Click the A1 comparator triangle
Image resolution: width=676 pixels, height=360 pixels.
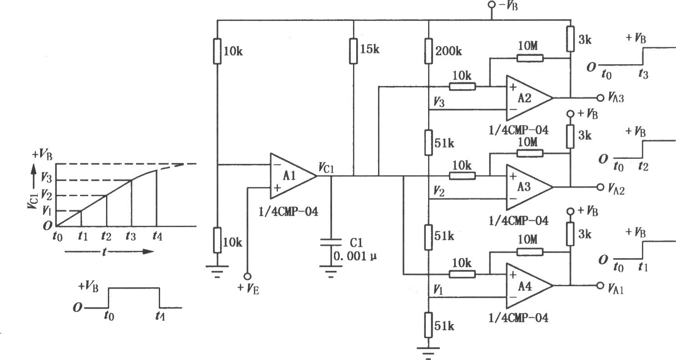[293, 176]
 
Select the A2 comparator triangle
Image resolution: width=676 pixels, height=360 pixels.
[529, 98]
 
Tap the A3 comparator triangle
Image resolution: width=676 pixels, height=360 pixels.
[529, 187]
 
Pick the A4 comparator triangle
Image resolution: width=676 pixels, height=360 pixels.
[529, 285]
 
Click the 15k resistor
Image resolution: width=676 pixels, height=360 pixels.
[353, 51]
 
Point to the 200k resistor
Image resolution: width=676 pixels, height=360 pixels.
[429, 51]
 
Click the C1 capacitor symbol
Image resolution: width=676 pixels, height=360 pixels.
[331, 242]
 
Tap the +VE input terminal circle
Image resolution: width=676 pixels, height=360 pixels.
[247, 276]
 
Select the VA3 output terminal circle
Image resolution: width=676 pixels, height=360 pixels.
[600, 98]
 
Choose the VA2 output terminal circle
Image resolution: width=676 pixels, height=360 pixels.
[600, 187]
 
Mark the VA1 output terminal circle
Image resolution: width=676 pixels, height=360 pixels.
[600, 285]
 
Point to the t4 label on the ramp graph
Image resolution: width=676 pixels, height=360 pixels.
[157, 236]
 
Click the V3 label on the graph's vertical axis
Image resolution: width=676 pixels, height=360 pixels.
[46, 177]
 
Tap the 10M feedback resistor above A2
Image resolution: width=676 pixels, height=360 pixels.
[530, 58]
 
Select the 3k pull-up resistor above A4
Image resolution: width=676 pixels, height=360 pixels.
[570, 234]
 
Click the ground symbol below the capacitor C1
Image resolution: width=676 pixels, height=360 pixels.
[331, 271]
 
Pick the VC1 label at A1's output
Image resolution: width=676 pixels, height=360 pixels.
[327, 168]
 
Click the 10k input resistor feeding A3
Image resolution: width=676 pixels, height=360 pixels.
[462, 176]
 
